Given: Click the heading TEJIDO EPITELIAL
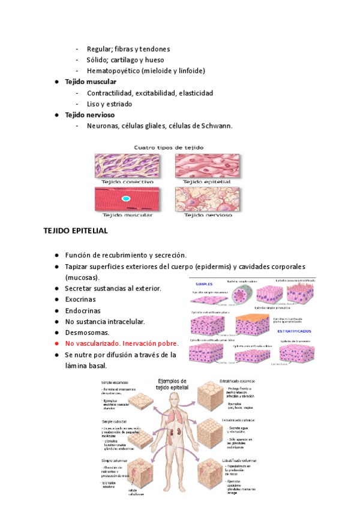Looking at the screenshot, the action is (76, 230).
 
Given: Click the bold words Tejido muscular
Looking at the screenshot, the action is (91, 82).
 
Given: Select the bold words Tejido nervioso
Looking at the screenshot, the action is (89, 115).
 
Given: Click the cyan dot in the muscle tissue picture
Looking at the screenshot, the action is (125, 198).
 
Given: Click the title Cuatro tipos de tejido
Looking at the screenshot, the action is (168, 146).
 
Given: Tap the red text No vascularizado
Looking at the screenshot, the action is (93, 343).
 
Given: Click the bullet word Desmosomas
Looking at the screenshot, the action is (87, 332).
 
